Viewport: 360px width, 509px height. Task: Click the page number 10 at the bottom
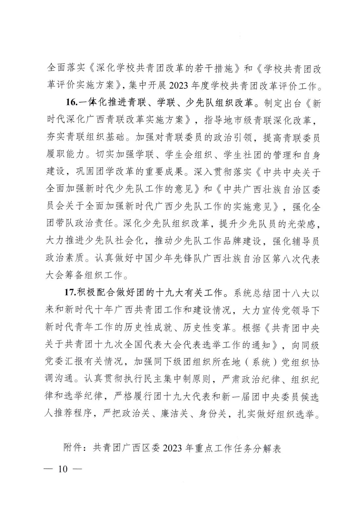[62, 468]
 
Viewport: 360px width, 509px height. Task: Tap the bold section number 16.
[71, 103]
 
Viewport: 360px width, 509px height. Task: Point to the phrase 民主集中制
[163, 380]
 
